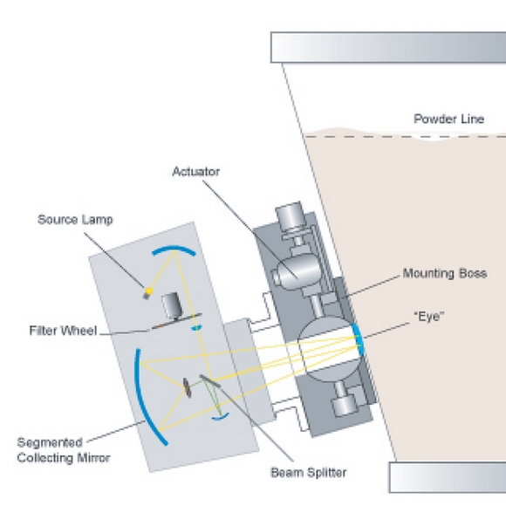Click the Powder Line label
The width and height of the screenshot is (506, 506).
point(449,119)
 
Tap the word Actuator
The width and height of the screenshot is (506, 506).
point(196,171)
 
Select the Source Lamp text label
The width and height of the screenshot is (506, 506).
point(75,220)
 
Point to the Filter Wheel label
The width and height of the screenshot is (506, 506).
point(63,331)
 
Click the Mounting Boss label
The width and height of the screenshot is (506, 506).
point(445,273)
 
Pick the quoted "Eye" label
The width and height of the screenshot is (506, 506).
point(429,317)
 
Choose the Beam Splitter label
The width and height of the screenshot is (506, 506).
point(309,473)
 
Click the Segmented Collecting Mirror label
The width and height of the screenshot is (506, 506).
point(64,450)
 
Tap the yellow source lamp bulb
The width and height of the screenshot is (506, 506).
point(149,291)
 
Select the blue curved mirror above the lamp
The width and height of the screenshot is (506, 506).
point(174,249)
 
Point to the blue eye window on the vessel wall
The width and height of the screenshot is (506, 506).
point(359,338)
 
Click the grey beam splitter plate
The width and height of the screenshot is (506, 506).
point(210,381)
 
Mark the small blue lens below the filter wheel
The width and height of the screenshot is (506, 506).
point(196,328)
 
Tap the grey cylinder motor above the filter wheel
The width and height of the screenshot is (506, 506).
point(171,304)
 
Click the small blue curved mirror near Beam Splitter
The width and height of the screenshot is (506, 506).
point(221,417)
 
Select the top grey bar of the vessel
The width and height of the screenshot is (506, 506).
point(388,47)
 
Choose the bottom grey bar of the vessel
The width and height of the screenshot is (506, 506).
point(448,477)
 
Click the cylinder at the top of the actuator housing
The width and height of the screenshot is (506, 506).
point(289,215)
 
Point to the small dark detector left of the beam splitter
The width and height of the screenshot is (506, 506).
point(187,388)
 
